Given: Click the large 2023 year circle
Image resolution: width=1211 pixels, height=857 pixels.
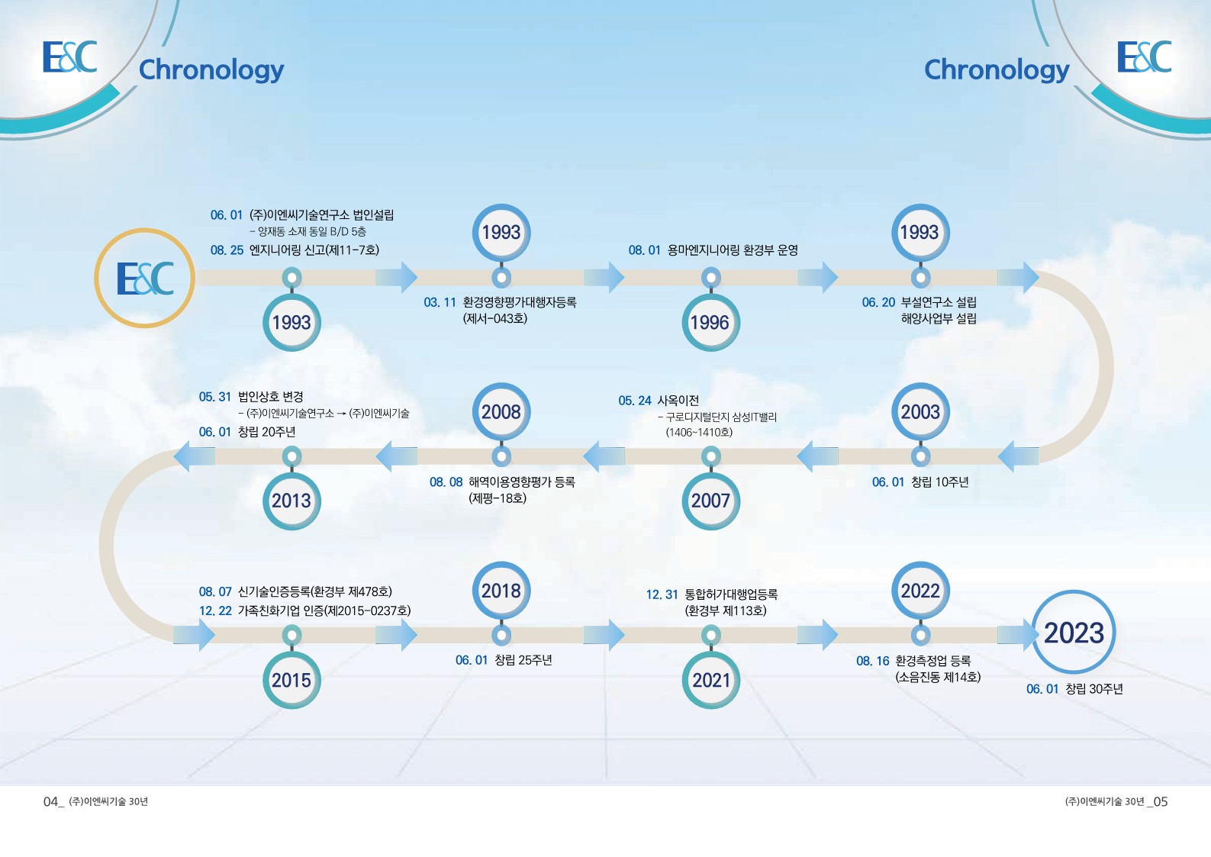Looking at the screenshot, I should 1074,632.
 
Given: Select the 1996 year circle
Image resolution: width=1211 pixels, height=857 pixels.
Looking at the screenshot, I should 710,323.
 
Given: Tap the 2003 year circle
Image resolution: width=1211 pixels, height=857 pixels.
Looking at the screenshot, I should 920,412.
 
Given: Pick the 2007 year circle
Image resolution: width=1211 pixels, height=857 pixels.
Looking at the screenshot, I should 710,501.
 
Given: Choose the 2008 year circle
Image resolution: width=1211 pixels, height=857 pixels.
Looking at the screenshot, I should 501,412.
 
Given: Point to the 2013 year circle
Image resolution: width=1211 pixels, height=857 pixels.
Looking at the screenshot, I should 291,501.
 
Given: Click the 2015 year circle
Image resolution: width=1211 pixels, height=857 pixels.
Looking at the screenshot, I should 291,680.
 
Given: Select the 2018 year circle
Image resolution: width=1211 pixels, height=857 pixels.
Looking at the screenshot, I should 501,591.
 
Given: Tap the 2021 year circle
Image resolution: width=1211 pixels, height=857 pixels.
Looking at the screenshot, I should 710,680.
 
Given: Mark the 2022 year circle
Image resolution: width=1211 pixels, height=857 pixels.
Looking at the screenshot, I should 920,591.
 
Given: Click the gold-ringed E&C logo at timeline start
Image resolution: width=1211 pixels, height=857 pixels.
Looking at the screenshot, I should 145,279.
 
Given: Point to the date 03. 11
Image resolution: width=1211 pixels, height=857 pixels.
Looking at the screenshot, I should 440,302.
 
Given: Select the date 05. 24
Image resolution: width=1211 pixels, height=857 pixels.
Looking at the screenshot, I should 634,401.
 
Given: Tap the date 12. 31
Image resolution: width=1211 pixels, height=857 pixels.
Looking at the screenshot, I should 662,594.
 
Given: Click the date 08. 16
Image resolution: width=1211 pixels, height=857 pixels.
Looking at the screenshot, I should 872,661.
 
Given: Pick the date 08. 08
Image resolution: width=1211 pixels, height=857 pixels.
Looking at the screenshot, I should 446,482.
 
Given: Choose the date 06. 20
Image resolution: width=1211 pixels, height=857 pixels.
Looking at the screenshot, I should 878,302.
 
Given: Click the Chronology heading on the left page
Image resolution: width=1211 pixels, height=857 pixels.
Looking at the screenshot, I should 211,69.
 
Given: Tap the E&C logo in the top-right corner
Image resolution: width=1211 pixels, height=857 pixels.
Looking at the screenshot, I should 1144,57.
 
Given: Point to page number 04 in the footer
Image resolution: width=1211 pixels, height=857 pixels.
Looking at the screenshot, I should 51,801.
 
